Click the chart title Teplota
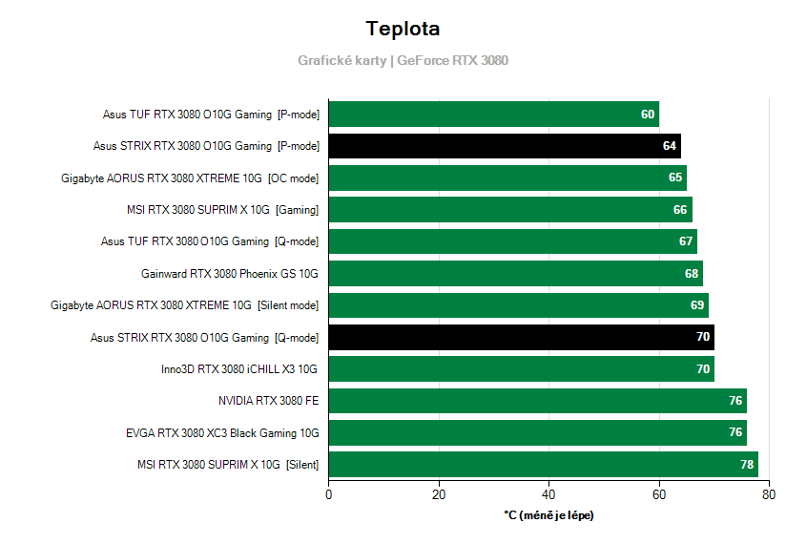pos(403,29)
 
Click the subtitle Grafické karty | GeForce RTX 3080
pos(403,60)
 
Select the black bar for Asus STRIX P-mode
pos(504,146)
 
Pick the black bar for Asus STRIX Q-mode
pos(521,337)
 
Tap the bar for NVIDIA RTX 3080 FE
pos(537,401)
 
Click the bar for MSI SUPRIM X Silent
pos(543,465)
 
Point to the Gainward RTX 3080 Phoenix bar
pos(515,273)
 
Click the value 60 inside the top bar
pos(648,115)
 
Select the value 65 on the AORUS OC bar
pos(675,178)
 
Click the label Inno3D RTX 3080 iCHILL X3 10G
pos(239,369)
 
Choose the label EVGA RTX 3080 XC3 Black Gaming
pos(222,433)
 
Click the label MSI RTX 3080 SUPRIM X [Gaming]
pos(222,210)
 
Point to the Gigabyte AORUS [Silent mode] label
pos(185,305)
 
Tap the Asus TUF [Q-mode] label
pos(210,241)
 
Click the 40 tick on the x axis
pos(548,495)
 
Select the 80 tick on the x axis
pos(769,495)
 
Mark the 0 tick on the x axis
pos(329,495)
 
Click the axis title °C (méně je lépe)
pos(548,515)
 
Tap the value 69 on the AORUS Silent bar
pos(697,305)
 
